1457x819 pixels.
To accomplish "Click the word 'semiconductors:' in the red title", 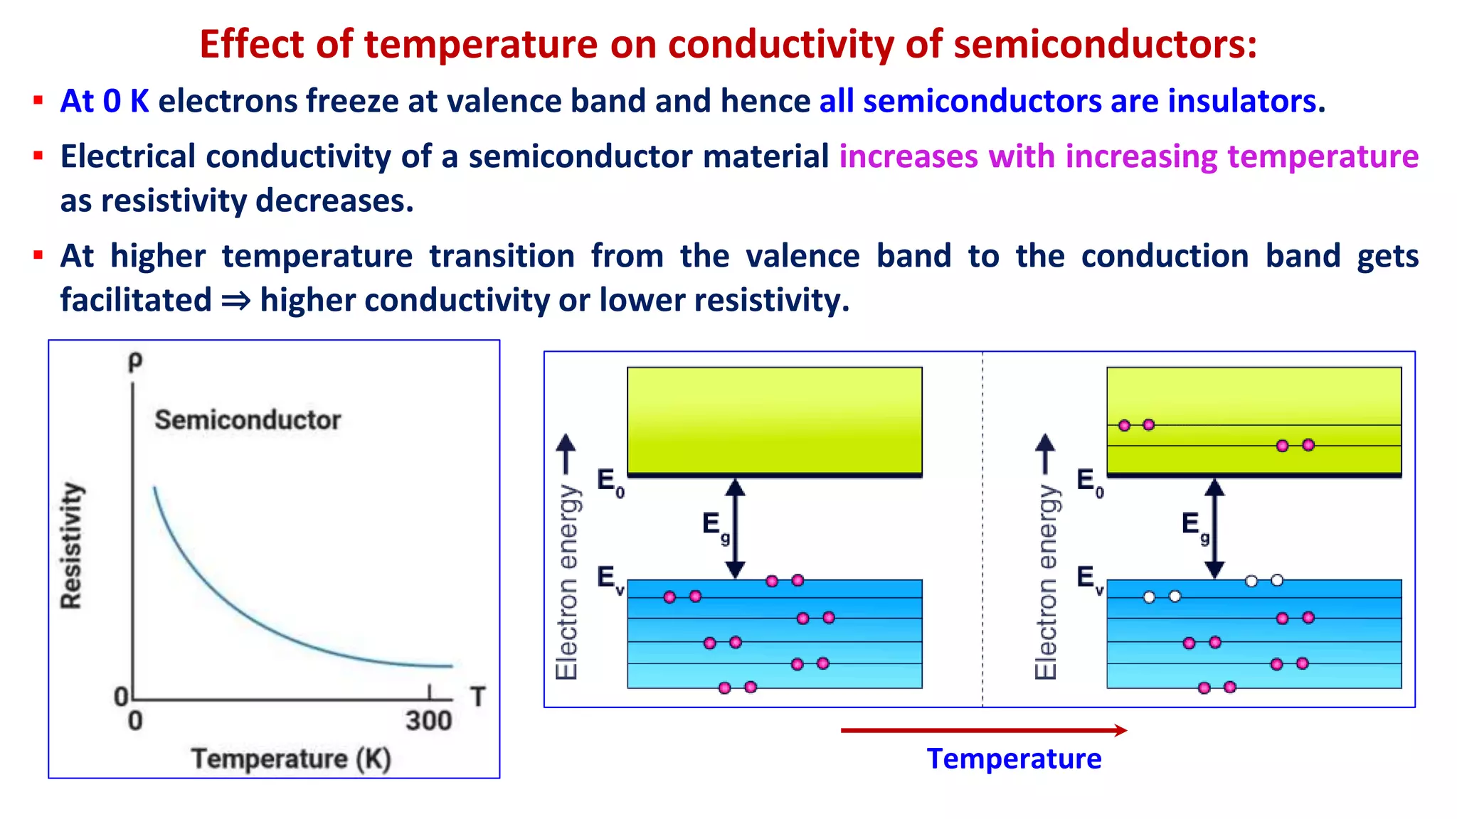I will tap(1105, 44).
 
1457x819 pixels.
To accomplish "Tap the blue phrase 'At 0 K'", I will tap(105, 101).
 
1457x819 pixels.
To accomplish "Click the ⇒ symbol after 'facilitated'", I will tap(235, 301).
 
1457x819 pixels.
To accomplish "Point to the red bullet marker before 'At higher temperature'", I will tap(38, 255).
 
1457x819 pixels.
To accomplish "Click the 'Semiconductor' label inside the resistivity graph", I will tap(248, 419).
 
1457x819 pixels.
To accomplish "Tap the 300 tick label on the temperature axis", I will tap(429, 721).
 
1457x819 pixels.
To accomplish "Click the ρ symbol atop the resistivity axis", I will tap(134, 361).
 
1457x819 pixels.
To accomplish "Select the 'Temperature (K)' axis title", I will tap(292, 759).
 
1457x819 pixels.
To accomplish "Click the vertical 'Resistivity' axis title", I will tap(71, 545).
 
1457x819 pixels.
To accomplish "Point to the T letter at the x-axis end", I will tap(477, 697).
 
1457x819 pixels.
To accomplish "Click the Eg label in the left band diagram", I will tap(714, 527).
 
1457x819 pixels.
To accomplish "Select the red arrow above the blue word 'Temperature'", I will tap(983, 730).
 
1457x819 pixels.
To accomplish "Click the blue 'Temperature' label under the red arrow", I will tap(1014, 759).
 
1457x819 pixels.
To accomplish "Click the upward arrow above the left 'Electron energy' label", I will tap(566, 454).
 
